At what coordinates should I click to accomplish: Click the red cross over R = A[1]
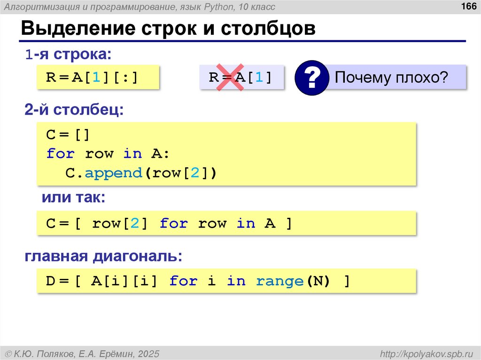(229, 77)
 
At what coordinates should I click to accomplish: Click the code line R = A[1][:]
(93, 77)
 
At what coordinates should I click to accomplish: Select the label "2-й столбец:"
(75, 111)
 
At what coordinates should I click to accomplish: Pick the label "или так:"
(74, 198)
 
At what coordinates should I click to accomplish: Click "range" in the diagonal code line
(279, 281)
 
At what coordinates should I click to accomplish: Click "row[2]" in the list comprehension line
(120, 223)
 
